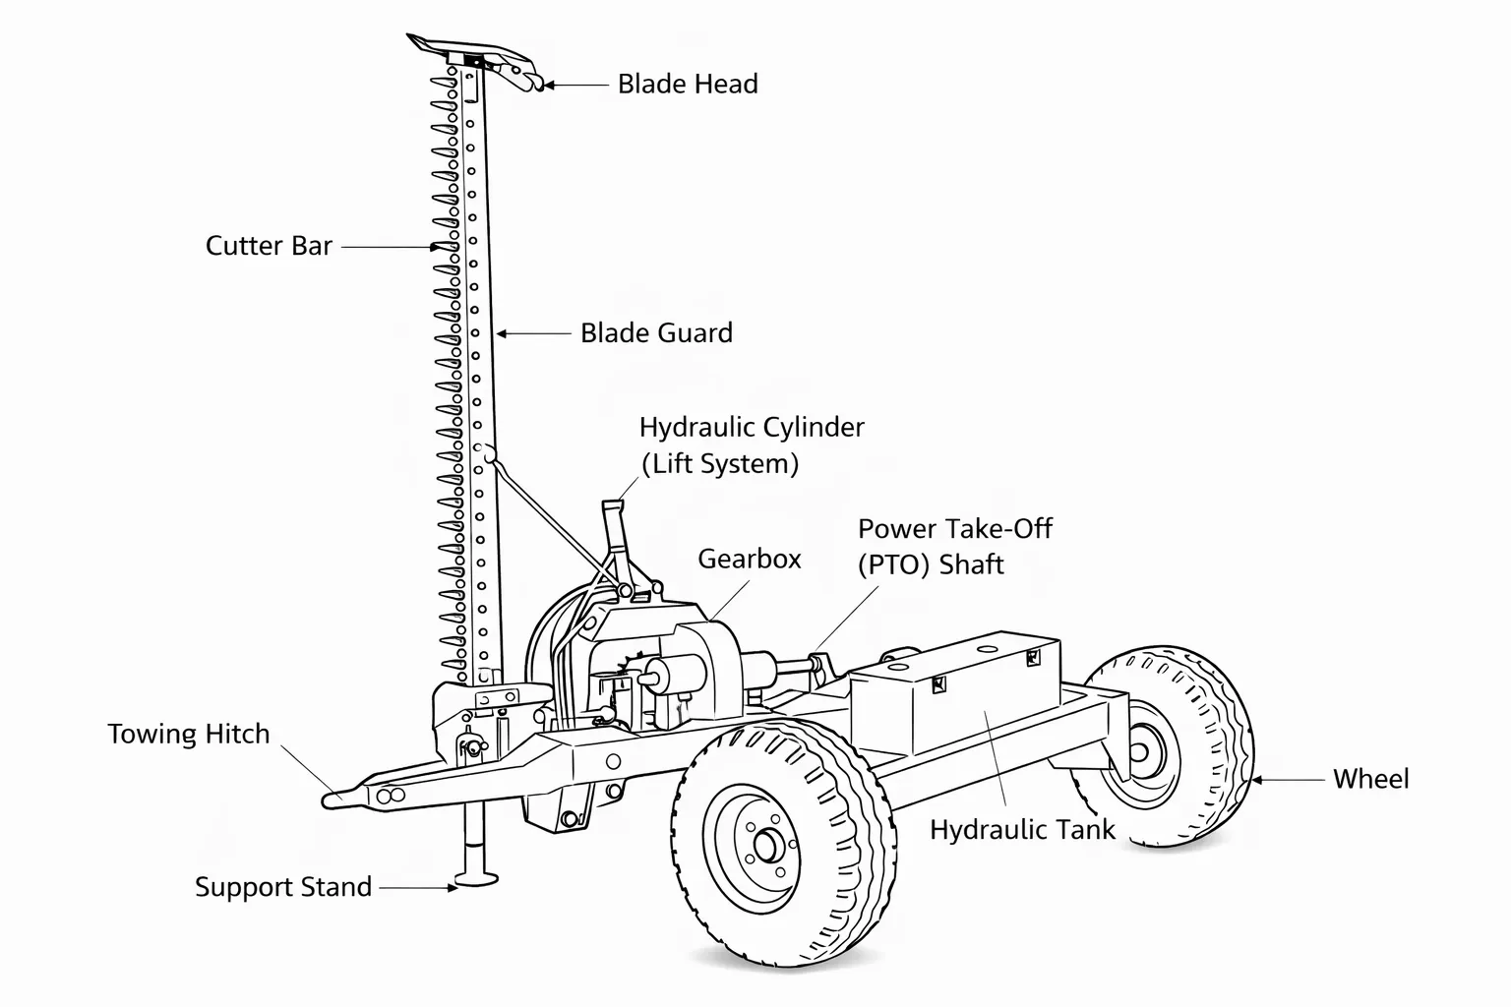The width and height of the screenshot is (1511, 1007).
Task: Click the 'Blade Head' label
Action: coord(688,85)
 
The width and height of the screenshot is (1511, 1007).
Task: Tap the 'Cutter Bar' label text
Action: coord(269,246)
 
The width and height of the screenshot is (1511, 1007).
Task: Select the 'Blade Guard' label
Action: coord(656,333)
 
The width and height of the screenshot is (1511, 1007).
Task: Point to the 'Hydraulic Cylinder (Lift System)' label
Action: coord(751,445)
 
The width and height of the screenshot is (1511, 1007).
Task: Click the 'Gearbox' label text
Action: coord(749,560)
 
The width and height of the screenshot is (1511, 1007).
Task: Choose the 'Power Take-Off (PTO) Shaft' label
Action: coord(954,547)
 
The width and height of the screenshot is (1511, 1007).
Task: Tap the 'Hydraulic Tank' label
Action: coord(1022,830)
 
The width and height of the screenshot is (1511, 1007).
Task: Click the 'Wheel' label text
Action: coord(1370,780)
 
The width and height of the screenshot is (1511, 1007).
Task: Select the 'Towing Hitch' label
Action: coord(188,735)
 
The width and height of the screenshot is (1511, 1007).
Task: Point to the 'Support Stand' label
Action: coord(283,887)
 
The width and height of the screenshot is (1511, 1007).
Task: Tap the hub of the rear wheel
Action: coord(1141,753)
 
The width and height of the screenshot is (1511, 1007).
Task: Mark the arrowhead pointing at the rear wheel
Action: coord(1255,780)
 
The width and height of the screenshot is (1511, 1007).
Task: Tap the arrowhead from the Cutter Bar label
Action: coord(434,248)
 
